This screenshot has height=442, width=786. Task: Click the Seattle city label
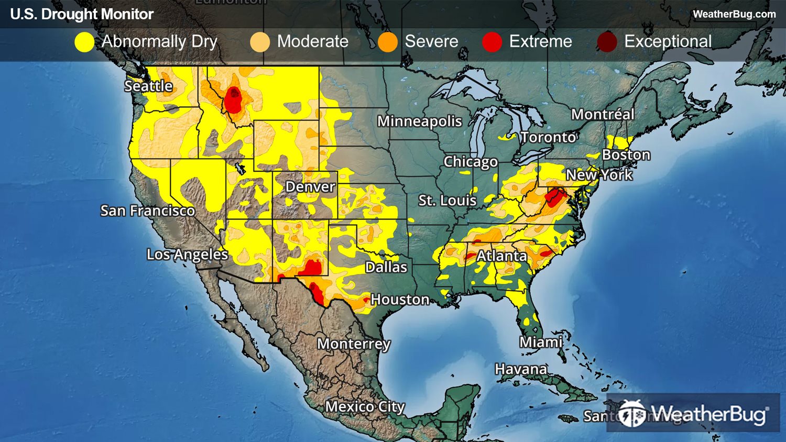(x=148, y=86)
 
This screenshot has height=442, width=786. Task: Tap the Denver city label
(x=310, y=187)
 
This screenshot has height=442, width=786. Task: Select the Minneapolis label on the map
(x=419, y=121)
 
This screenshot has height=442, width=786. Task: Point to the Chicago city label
(x=471, y=162)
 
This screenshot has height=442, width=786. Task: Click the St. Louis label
(x=447, y=200)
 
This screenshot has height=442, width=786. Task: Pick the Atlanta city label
(x=501, y=256)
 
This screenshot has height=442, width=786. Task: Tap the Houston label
(x=400, y=300)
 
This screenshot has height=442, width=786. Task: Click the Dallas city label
(x=386, y=267)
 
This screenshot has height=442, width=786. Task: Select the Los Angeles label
(x=187, y=255)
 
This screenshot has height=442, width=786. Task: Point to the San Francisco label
(x=147, y=211)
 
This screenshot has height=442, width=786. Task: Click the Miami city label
(x=541, y=342)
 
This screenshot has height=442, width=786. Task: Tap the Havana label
(x=521, y=369)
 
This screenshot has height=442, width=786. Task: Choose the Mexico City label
(x=365, y=406)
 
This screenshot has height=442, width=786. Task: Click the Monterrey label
(x=354, y=344)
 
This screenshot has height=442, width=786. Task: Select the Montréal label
(x=603, y=114)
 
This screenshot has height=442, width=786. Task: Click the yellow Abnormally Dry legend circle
(x=84, y=42)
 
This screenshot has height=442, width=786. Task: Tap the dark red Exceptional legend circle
(x=607, y=42)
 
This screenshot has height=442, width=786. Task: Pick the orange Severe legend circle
(x=388, y=42)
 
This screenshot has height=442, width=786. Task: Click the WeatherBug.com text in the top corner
(x=734, y=14)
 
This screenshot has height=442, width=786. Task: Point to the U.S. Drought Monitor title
(x=82, y=14)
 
